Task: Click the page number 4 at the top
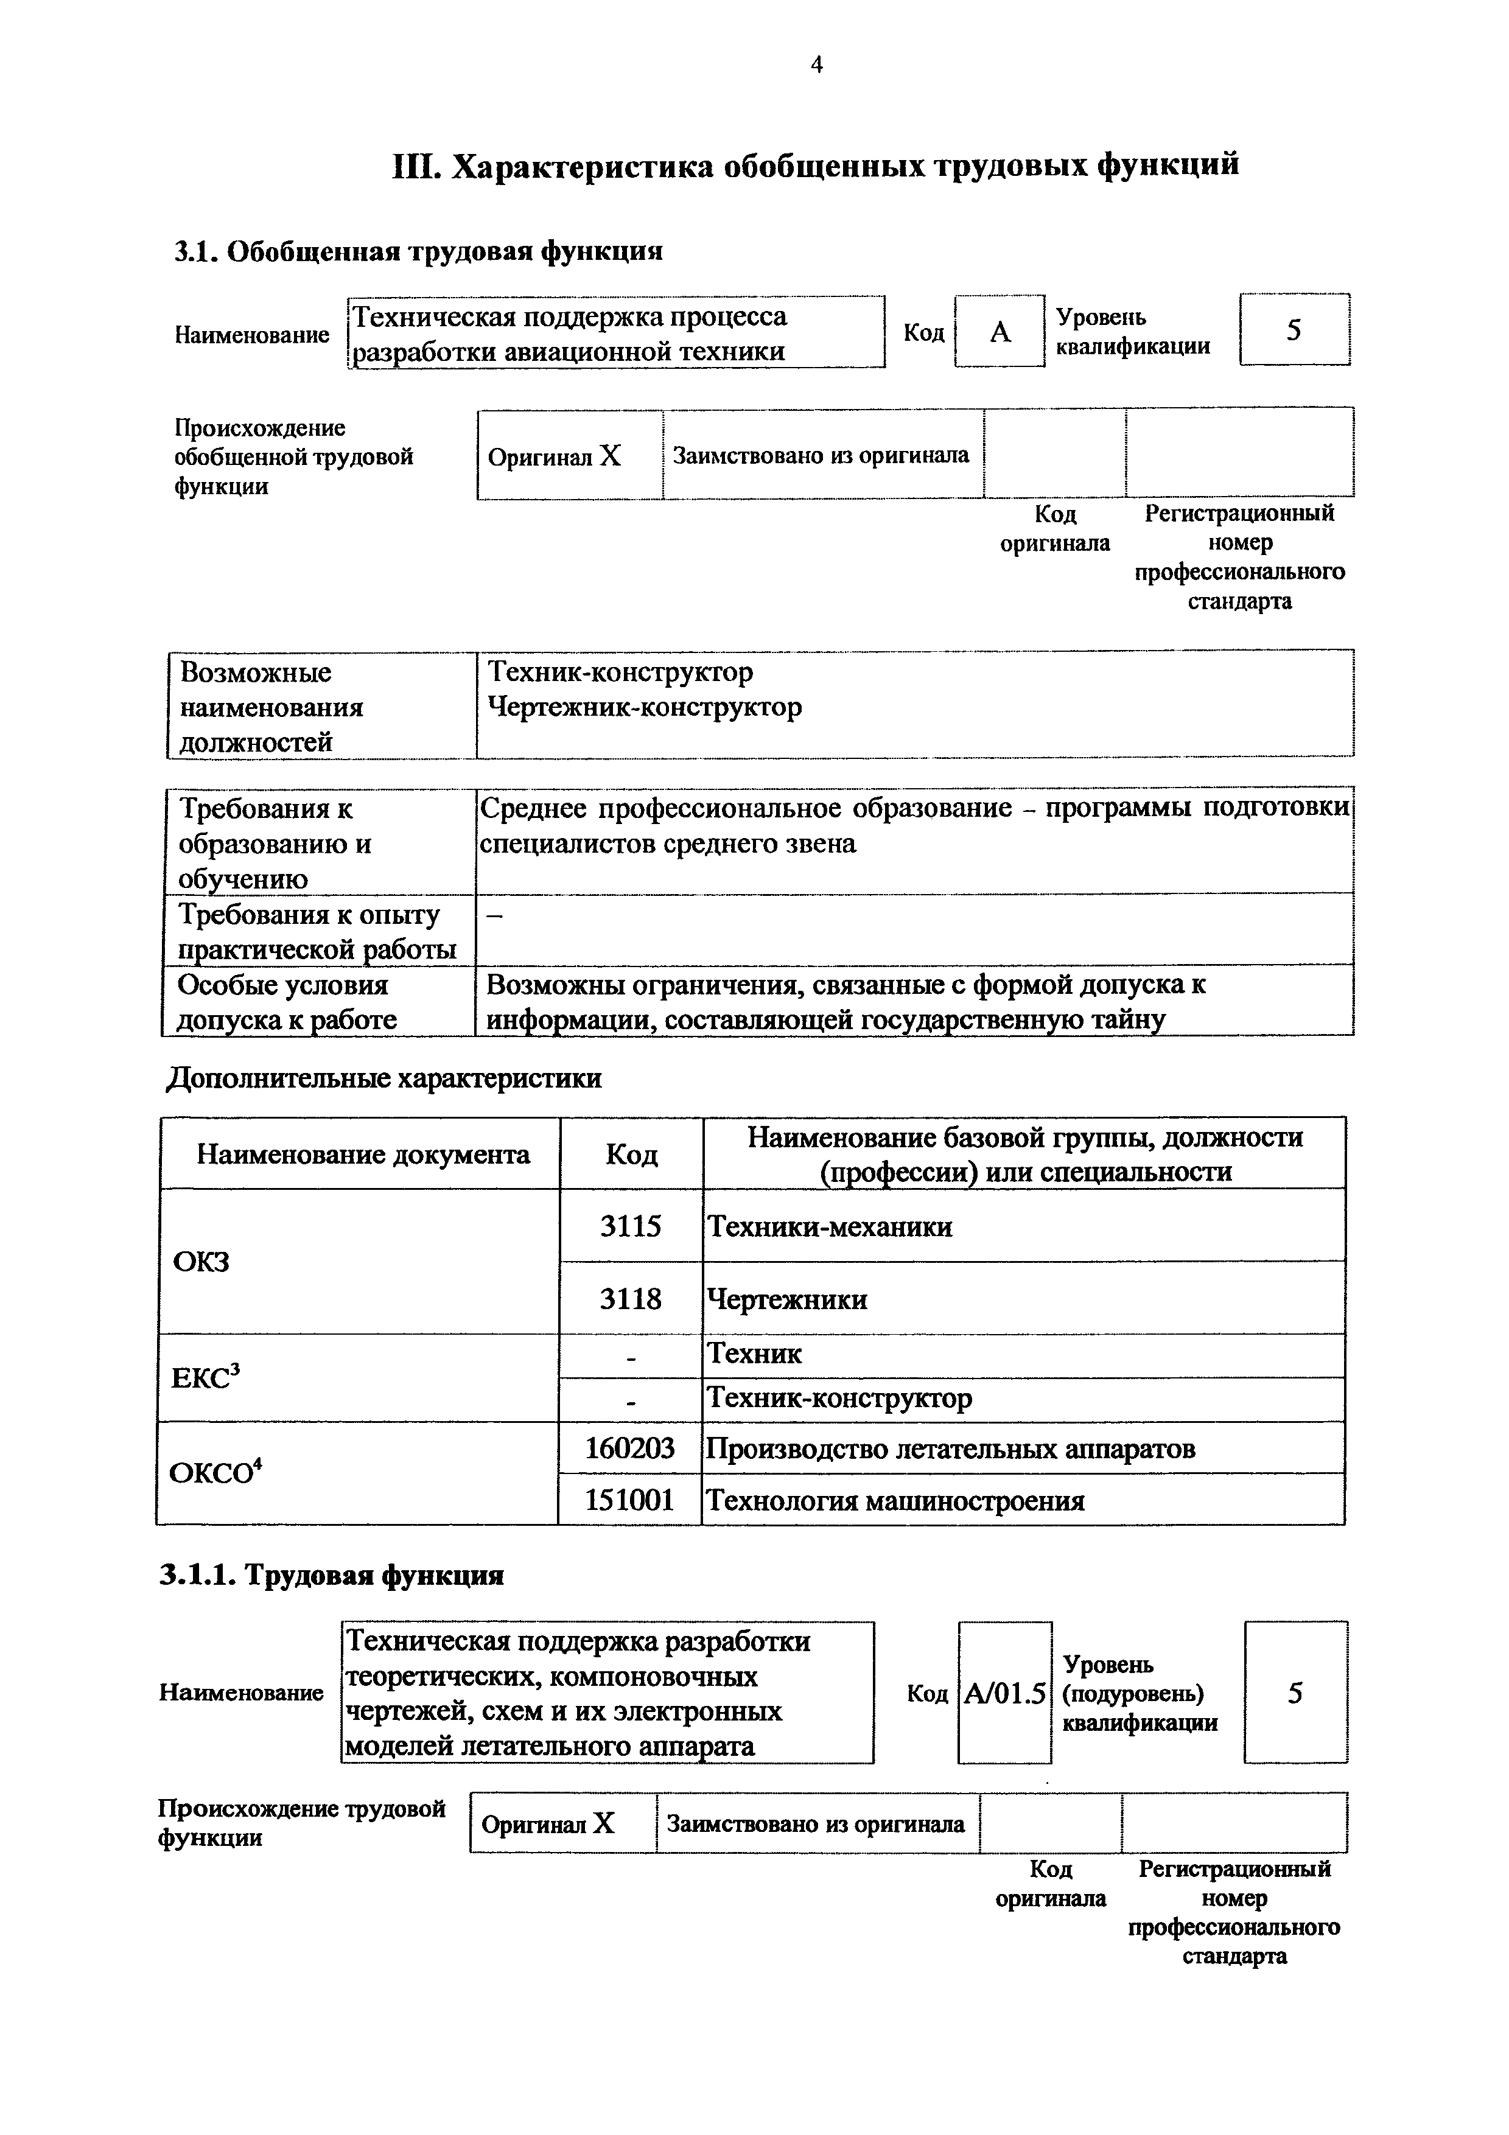tap(816, 64)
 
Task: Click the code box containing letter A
tap(1000, 332)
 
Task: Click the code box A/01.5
tap(1004, 1693)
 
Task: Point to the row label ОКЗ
tap(201, 1262)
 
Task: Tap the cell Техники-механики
tap(830, 1226)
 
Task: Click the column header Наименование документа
tap(363, 1155)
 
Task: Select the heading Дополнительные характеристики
tap(383, 1078)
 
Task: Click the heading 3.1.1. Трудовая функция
tap(331, 1574)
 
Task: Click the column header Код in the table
tap(631, 1155)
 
